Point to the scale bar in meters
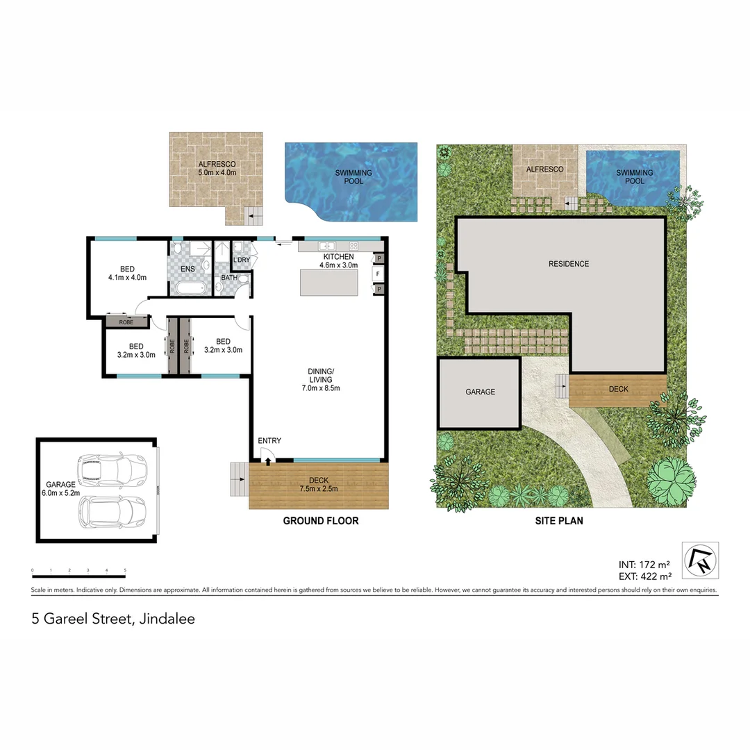point(78,575)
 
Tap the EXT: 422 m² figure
point(644,576)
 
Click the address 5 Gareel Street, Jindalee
point(113,618)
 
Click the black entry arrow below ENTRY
point(268,460)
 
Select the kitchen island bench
point(328,282)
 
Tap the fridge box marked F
point(378,274)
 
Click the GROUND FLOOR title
point(321,520)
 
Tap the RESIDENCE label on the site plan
point(568,264)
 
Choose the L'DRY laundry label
point(242,260)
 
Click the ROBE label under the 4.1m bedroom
point(126,322)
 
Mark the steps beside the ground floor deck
point(238,479)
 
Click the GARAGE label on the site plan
point(480,392)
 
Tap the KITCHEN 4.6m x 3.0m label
point(338,261)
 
